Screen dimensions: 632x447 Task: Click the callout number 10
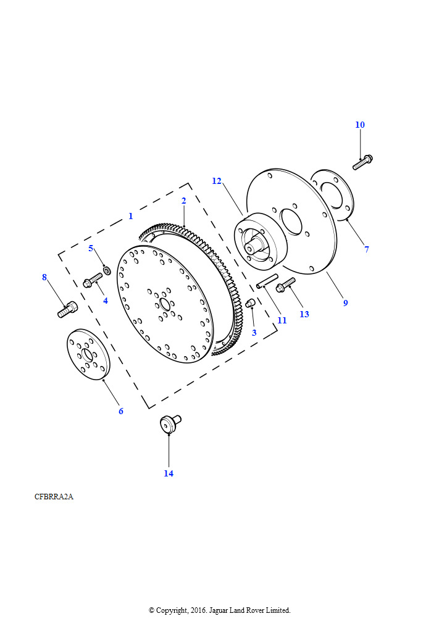(360, 125)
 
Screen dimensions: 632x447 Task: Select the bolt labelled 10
(362, 162)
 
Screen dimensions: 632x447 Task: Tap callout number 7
(366, 249)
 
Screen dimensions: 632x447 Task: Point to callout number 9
(345, 302)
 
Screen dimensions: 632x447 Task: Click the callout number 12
(217, 181)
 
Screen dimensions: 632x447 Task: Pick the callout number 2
(183, 201)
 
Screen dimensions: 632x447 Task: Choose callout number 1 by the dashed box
(130, 216)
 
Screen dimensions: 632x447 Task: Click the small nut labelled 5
(107, 270)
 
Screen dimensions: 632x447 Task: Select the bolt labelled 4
(92, 282)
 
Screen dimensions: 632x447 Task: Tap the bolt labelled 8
(68, 309)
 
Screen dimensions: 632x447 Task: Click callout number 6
(120, 411)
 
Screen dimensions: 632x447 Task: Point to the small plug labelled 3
(251, 302)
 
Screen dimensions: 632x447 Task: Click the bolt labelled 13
(286, 285)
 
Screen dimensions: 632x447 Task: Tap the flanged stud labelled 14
(169, 425)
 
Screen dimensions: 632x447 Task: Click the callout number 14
(169, 473)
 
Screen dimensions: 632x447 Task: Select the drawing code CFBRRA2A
(54, 496)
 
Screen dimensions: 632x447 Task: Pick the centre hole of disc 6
(86, 355)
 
